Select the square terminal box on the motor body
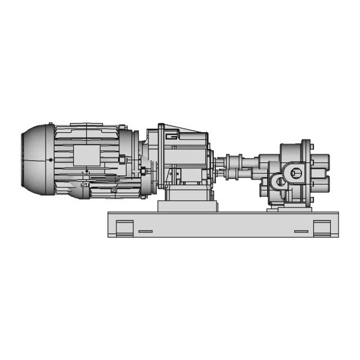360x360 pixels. (x=85, y=155)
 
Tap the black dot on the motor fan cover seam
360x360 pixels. (x=51, y=160)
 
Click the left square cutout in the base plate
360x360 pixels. (x=124, y=228)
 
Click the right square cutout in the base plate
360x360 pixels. (x=322, y=228)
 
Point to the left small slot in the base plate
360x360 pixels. (x=145, y=231)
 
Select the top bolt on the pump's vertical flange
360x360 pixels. (x=306, y=143)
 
